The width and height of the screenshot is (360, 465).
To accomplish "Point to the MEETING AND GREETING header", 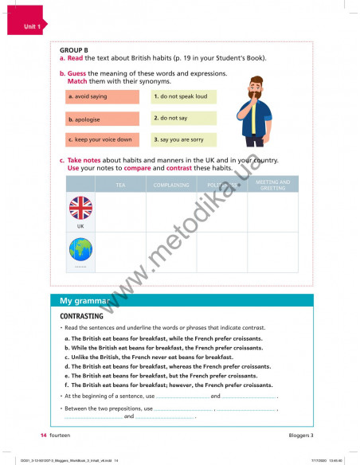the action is [x=272, y=185].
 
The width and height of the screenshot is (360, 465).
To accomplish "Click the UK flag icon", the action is [x=80, y=209].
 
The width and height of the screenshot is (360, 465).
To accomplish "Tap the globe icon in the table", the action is [x=80, y=249].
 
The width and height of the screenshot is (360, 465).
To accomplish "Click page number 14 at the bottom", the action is [x=44, y=436].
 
